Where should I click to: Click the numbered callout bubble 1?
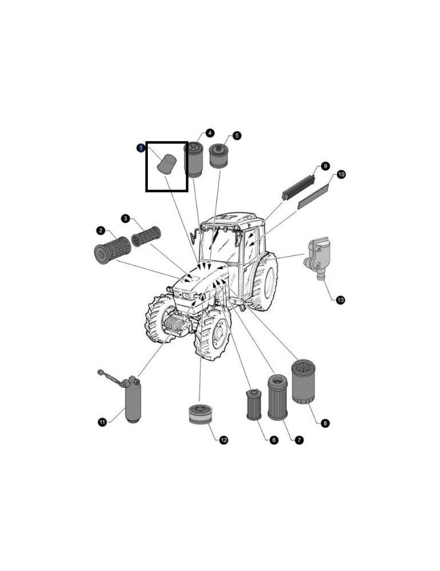(x=140, y=148)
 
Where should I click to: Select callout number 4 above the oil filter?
(x=209, y=133)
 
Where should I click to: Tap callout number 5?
(x=237, y=135)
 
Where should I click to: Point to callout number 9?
(x=325, y=166)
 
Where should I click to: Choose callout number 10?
(x=341, y=174)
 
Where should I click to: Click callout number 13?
(x=340, y=300)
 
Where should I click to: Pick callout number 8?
(x=325, y=423)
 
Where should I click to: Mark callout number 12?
(x=224, y=440)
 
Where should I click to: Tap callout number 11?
(x=102, y=422)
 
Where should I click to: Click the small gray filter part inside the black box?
(x=167, y=164)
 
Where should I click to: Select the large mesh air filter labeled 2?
(x=112, y=250)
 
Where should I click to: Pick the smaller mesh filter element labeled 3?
(x=146, y=236)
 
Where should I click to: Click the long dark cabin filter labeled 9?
(x=298, y=187)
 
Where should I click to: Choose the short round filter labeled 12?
(x=200, y=415)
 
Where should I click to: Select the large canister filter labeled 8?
(x=303, y=381)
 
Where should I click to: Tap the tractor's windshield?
(x=220, y=246)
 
